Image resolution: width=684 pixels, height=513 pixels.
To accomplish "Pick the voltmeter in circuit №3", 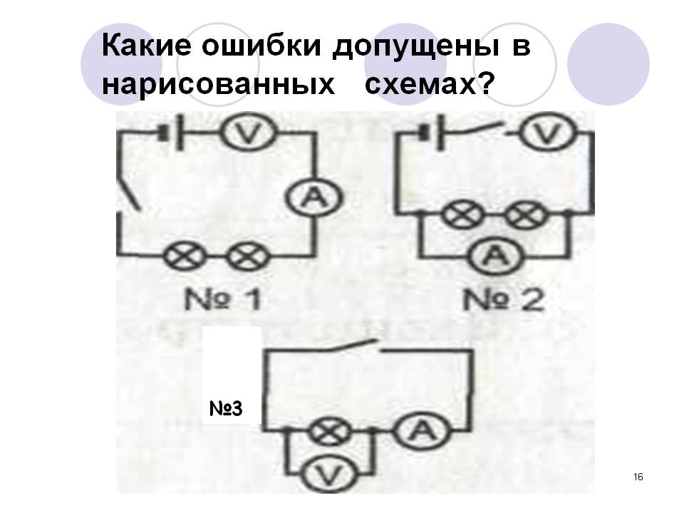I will tap(326, 472).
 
